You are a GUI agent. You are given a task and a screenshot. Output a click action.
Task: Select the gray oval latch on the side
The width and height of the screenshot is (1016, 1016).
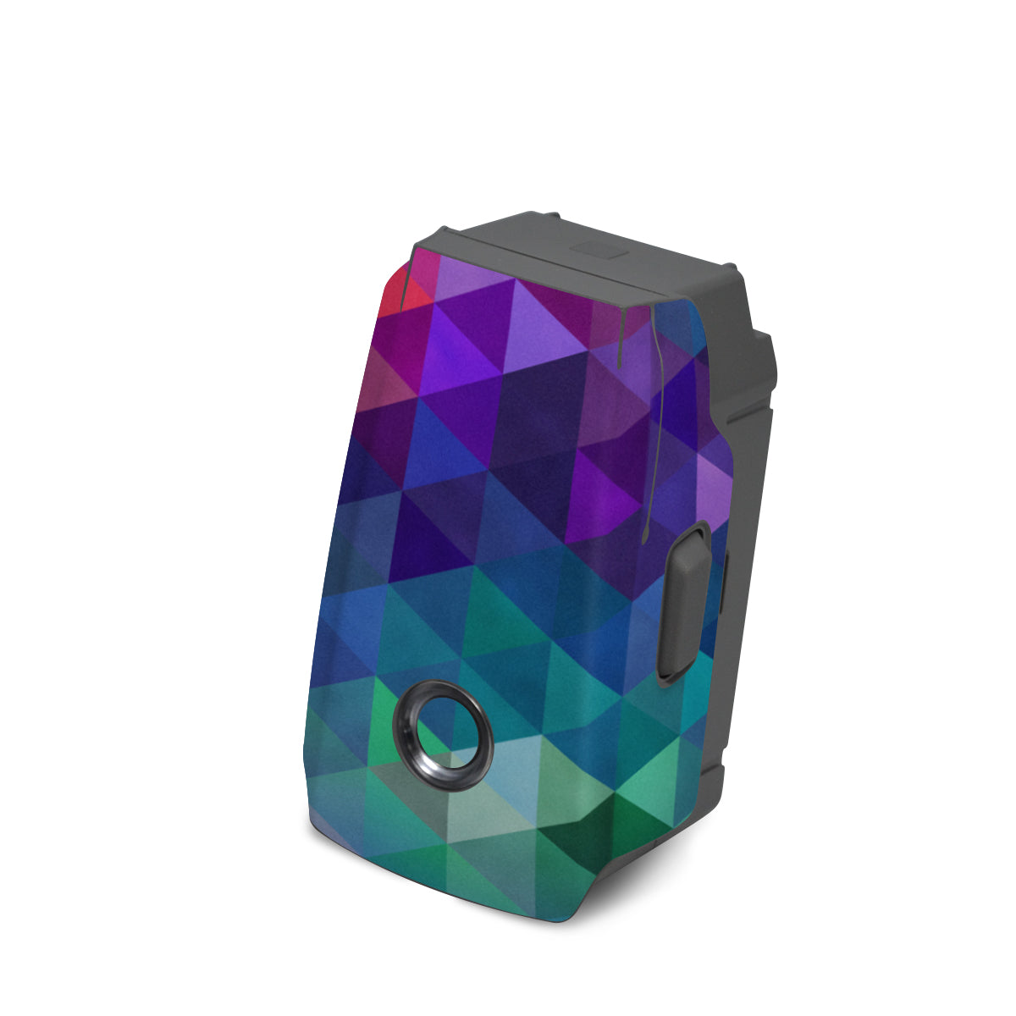[688, 601]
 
